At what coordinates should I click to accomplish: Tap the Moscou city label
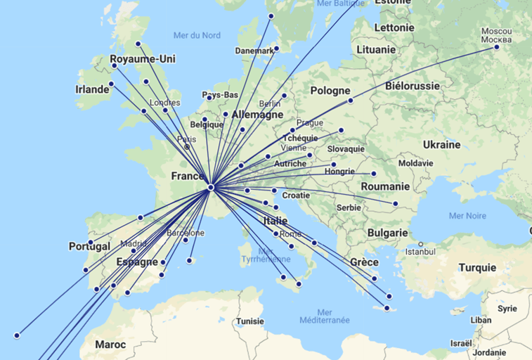pyautogui.click(x=496, y=32)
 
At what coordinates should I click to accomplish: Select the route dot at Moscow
pyautogui.click(x=497, y=47)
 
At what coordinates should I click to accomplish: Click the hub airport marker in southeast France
pyautogui.click(x=211, y=188)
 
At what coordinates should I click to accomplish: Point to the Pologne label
pyautogui.click(x=330, y=91)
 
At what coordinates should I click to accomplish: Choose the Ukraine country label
pyautogui.click(x=441, y=145)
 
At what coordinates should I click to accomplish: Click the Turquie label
pyautogui.click(x=477, y=267)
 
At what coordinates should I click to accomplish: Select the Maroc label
pyautogui.click(x=110, y=345)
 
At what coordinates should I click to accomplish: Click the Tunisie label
pyautogui.click(x=249, y=321)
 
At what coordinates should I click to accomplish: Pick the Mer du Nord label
pyautogui.click(x=197, y=35)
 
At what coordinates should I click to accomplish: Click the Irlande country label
pyautogui.click(x=93, y=89)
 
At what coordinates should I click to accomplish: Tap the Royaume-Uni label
pyautogui.click(x=143, y=59)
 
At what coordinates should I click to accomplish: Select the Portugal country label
pyautogui.click(x=89, y=247)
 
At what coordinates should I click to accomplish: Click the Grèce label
pyautogui.click(x=365, y=262)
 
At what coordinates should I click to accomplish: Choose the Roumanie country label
pyautogui.click(x=385, y=186)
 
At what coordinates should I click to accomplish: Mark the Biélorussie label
pyautogui.click(x=413, y=86)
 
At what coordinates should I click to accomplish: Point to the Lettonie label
pyautogui.click(x=394, y=27)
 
